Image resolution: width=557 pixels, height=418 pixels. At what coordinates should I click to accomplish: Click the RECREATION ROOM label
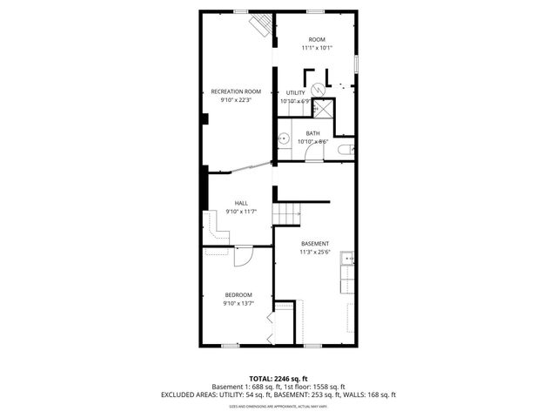(236, 91)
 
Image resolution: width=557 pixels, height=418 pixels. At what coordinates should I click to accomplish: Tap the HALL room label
(240, 203)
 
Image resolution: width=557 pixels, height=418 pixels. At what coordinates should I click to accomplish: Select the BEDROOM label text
(238, 294)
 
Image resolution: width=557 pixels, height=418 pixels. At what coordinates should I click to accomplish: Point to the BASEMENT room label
(315, 243)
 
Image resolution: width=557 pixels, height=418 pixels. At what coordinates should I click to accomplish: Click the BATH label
(312, 133)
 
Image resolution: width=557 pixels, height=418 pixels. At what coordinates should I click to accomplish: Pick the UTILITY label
(296, 92)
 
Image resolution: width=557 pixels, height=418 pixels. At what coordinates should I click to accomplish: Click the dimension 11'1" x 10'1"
(316, 48)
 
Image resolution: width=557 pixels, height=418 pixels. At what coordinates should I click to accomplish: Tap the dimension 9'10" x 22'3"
(236, 100)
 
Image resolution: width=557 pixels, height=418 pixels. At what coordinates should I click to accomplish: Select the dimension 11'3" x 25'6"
(315, 252)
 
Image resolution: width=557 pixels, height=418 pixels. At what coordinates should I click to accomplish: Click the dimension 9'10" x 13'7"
(238, 303)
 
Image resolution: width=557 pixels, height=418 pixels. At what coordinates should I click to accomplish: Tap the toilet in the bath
(344, 151)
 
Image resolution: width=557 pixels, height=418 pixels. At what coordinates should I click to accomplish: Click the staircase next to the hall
(287, 212)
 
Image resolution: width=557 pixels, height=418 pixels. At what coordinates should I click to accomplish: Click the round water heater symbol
(319, 87)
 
